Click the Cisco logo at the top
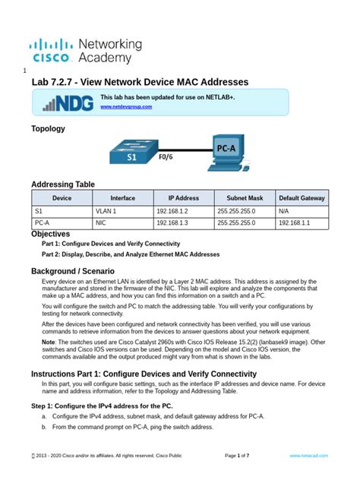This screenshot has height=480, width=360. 52,49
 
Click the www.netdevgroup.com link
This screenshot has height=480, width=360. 126,107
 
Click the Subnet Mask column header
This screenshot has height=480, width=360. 239,197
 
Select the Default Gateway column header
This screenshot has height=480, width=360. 302,197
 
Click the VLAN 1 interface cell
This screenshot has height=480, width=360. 106,211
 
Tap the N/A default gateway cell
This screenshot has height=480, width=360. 284,211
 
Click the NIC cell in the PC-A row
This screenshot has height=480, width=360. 100,223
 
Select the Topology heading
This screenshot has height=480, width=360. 48,129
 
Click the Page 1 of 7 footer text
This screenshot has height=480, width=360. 242,455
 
